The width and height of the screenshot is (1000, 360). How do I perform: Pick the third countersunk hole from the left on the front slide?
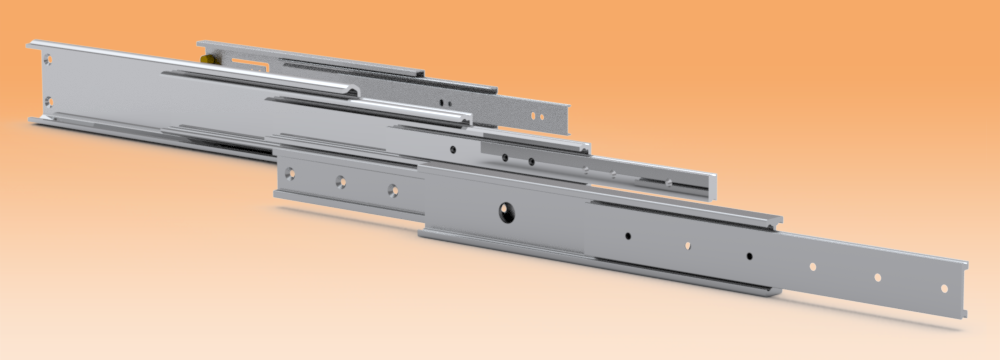coord(392,188)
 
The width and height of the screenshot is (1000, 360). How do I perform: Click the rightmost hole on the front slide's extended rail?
coord(944,288)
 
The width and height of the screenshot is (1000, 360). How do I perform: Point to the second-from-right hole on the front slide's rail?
coord(877,278)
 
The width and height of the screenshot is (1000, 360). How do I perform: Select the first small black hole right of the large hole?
coord(627,236)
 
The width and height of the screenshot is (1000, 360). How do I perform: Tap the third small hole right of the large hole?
coord(748,256)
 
